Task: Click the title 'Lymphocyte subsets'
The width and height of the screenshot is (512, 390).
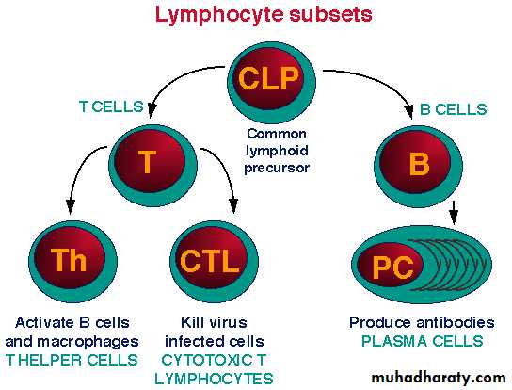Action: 264,14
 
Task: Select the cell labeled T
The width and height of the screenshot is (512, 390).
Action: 152,166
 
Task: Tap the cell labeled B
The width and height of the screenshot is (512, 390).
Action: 418,166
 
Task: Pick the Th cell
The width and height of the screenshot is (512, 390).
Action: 72,262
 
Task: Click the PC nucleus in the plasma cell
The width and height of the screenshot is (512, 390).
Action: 391,265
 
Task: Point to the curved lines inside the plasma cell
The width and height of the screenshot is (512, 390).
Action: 453,266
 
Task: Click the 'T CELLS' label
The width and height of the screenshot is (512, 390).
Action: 111,106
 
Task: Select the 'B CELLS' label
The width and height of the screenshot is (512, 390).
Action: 454,109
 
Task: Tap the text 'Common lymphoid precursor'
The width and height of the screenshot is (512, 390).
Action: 277,151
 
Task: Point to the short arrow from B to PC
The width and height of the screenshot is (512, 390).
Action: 454,213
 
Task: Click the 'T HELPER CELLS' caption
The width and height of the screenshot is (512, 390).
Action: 72,360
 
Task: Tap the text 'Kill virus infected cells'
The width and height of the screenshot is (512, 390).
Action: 215,332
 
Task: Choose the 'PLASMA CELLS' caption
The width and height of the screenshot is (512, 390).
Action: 423,341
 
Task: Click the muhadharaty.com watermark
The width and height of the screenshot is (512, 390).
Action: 439,378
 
